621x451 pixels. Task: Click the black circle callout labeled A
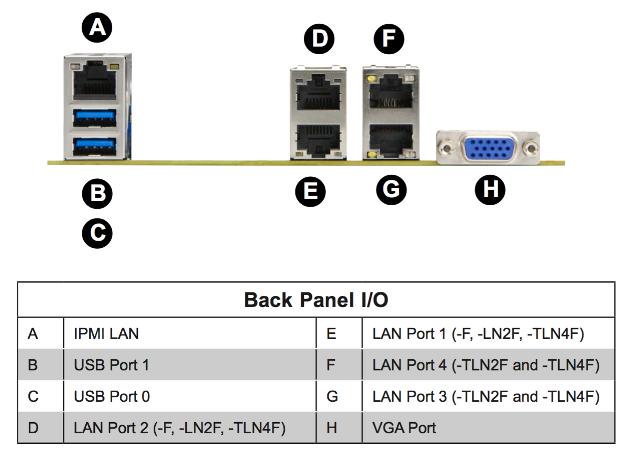tap(97, 27)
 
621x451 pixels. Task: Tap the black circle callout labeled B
tap(97, 193)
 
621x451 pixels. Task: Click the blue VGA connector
tap(488, 148)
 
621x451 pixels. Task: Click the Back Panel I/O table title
tap(316, 300)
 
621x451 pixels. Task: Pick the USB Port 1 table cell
tap(112, 365)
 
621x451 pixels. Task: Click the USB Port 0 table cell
tap(112, 396)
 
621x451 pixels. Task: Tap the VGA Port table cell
tap(404, 427)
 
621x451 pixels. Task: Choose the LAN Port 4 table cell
tap(486, 365)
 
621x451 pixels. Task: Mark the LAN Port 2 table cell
tap(180, 427)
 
